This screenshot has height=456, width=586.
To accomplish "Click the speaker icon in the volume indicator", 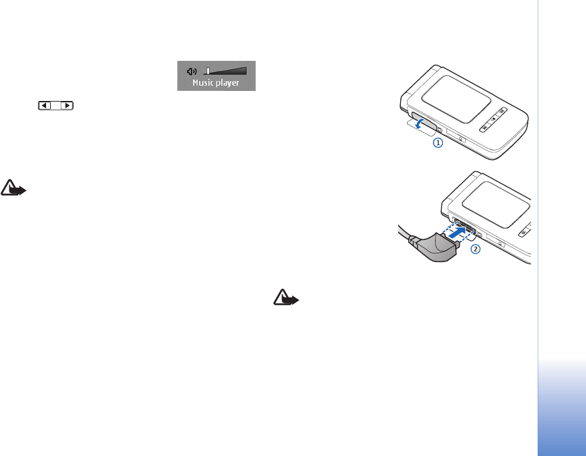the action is click(192, 70).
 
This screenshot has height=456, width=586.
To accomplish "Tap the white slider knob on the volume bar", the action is click(208, 70).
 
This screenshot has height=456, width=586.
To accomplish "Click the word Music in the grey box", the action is click(204, 83).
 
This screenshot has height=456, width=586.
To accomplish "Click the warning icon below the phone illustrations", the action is click(286, 298).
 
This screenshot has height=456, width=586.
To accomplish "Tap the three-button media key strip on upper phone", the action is click(492, 122).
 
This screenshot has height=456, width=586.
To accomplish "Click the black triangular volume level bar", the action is click(228, 70).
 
